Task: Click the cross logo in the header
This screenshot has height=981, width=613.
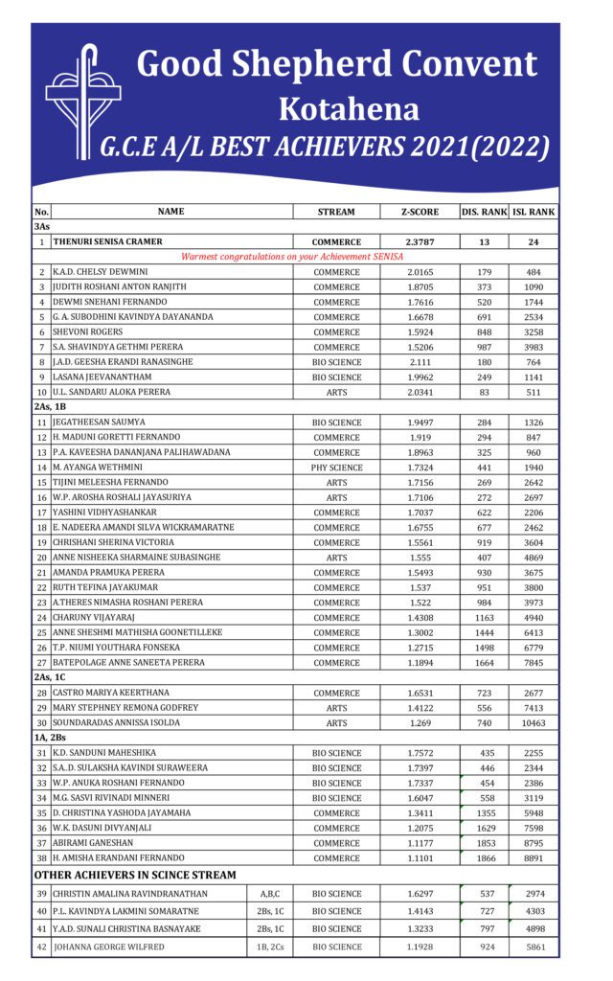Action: click(82, 100)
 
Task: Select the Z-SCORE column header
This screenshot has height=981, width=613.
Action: click(420, 212)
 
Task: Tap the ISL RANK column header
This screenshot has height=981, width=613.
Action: click(534, 212)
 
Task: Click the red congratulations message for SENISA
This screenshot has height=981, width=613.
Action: click(292, 257)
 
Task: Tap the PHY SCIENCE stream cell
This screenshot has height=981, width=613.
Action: click(336, 467)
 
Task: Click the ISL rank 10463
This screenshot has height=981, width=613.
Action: click(534, 723)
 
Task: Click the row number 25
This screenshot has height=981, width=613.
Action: click(41, 632)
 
